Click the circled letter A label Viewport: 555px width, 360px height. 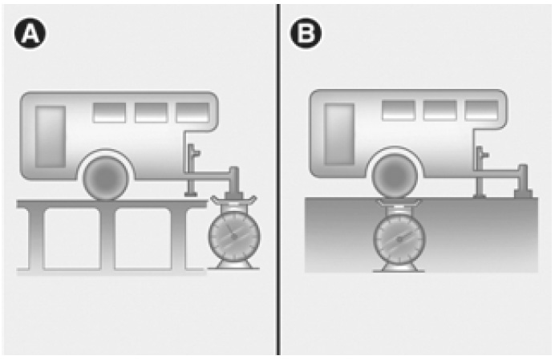click(30, 34)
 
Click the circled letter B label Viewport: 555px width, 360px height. click(306, 34)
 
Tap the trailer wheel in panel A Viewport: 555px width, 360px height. click(106, 178)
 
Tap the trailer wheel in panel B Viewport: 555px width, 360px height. click(395, 176)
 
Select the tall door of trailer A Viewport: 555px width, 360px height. click(51, 136)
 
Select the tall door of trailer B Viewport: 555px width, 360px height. click(339, 134)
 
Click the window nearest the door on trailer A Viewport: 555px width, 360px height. click(109, 113)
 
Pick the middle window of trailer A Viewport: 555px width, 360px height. click(151, 113)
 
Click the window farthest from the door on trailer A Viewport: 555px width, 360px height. click(192, 113)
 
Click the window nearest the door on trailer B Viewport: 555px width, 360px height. click(399, 111)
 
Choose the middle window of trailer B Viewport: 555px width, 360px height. click(440, 111)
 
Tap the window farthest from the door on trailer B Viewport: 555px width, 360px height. click(482, 111)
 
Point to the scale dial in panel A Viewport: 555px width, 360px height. click(234, 237)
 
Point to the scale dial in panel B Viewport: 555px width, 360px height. click(399, 239)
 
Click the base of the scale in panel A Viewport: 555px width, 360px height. click(233, 265)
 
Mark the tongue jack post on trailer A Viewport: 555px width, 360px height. click(191, 170)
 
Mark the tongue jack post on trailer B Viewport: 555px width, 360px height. click(480, 172)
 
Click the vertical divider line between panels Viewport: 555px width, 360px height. click(279, 180)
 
